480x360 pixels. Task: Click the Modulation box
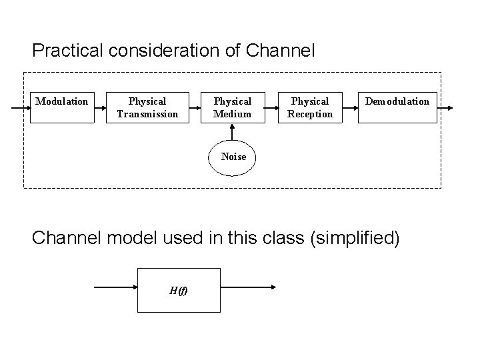[x=62, y=107]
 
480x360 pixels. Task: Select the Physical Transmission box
[x=147, y=107]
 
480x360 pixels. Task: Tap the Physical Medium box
[x=233, y=107]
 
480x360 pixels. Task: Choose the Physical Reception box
[x=310, y=107]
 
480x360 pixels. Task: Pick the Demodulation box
[x=397, y=107]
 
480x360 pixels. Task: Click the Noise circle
[x=233, y=157]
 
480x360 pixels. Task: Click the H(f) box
[x=178, y=290]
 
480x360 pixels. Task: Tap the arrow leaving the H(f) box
[x=247, y=288]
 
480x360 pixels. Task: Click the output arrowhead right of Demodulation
[x=451, y=107]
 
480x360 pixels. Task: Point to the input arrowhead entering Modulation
[x=27, y=107]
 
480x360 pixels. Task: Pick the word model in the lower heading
[x=131, y=238]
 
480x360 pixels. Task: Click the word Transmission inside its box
[x=147, y=114]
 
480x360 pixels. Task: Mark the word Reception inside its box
[x=310, y=114]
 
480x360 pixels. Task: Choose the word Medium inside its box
[x=233, y=114]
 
